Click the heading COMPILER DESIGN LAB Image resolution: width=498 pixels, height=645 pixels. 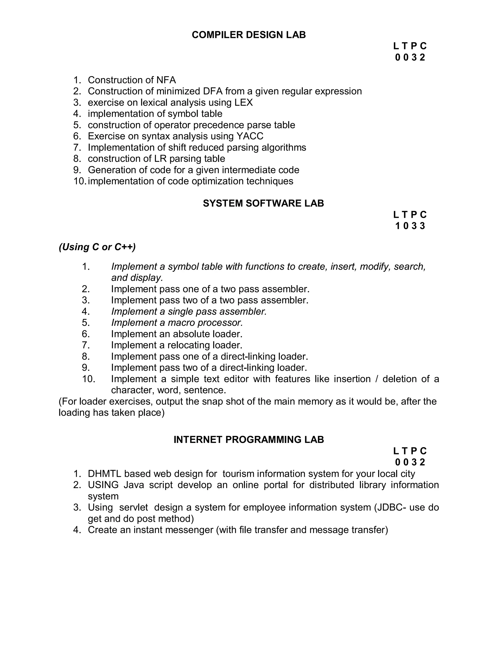(249, 35)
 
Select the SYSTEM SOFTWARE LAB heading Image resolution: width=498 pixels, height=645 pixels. (263, 203)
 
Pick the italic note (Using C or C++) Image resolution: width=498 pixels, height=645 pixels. (97, 247)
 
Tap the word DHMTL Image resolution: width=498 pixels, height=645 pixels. (104, 474)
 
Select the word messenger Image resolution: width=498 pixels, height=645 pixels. (189, 530)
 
